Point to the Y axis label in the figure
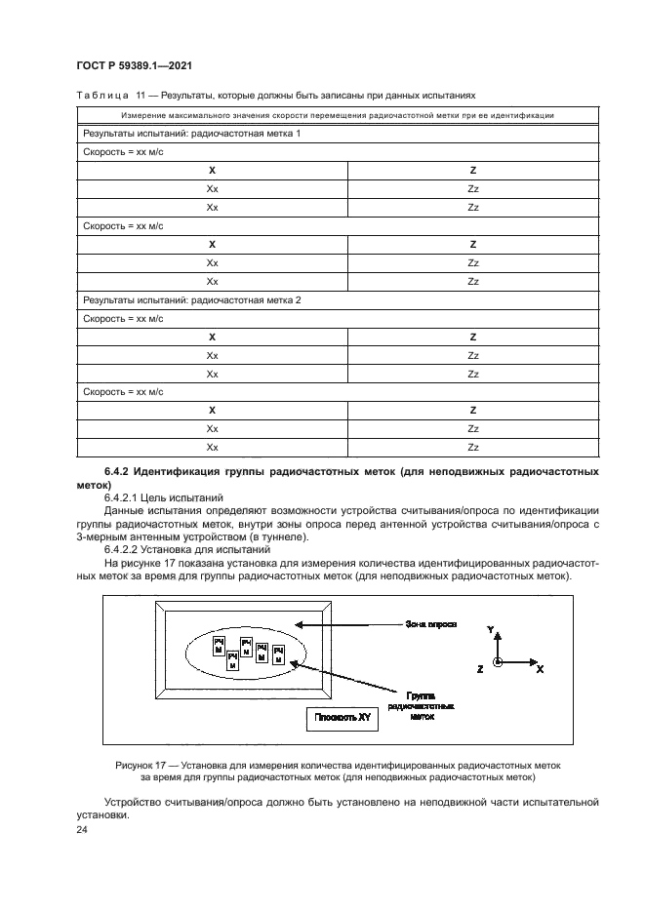[491, 631]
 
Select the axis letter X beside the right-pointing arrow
[540, 669]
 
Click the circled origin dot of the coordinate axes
[498, 663]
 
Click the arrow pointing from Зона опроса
[343, 622]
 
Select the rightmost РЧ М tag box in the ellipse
[278, 653]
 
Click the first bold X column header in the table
[212, 171]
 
